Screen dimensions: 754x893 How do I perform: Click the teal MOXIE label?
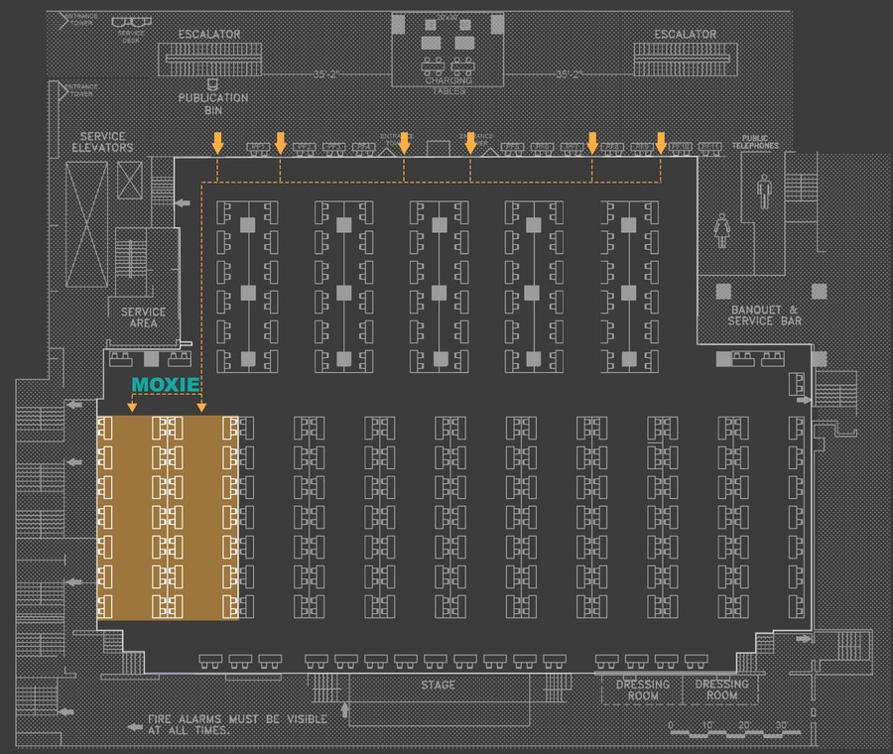167,384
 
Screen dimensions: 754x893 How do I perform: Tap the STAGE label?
438,686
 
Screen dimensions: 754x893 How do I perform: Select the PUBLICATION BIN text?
212,104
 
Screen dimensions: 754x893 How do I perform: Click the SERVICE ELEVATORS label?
102,142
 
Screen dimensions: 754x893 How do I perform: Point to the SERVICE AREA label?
143,317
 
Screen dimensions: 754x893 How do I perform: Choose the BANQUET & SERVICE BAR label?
765,315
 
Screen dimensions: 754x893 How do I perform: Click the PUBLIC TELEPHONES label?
761,142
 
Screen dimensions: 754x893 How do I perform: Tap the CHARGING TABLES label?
446,82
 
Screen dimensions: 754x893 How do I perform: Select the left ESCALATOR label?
209,35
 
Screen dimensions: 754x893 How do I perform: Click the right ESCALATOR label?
685,35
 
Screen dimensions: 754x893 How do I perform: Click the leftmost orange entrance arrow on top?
217,143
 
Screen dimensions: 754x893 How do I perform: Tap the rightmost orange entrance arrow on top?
661,143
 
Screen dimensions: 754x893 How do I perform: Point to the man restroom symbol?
764,189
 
